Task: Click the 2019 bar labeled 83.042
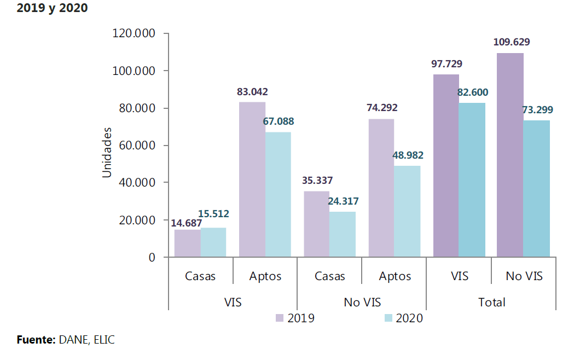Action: click(252, 179)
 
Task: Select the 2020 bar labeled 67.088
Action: click(278, 194)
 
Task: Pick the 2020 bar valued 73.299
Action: click(536, 188)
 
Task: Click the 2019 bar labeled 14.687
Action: click(188, 243)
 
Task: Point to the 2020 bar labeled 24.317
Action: click(343, 234)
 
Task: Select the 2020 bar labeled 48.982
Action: click(407, 211)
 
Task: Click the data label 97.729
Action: click(446, 64)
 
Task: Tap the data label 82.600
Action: click(473, 92)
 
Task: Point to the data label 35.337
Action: click(317, 180)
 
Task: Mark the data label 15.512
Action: click(213, 213)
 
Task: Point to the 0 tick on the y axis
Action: click(152, 257)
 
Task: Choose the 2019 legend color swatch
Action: click(280, 318)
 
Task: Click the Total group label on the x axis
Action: click(491, 302)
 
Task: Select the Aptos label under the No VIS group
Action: click(395, 276)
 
